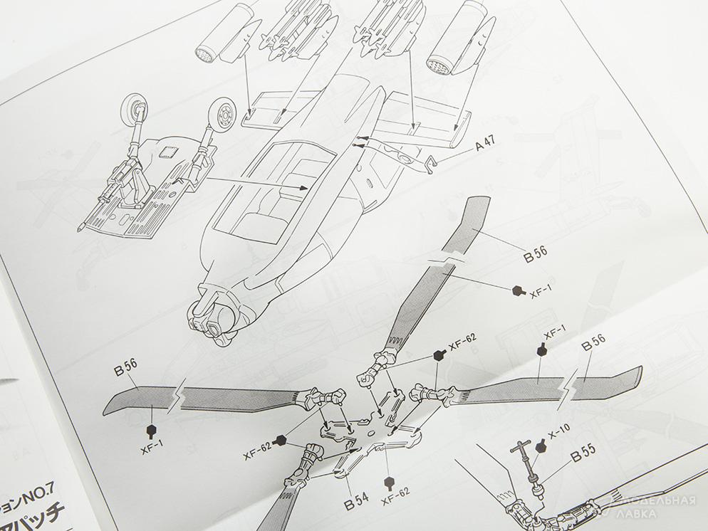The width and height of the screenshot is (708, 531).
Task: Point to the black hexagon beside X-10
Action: pos(541,446)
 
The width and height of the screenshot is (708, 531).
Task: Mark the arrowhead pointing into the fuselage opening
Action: pos(304,188)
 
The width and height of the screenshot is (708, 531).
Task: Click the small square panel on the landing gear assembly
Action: pos(169,150)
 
